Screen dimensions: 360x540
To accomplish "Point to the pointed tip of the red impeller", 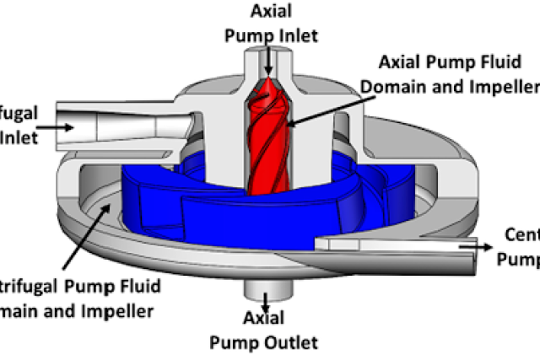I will pyautogui.click(x=269, y=83).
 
